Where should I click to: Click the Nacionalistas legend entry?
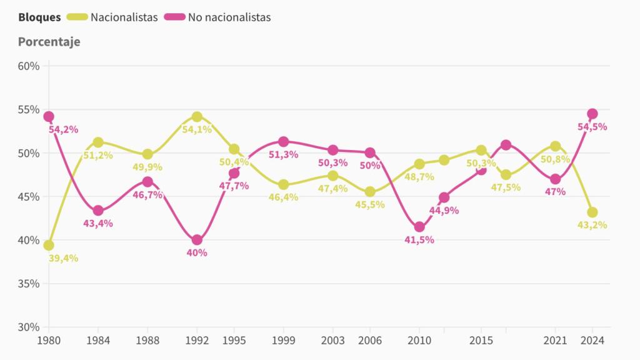coord(123,17)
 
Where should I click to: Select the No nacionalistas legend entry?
coord(229,17)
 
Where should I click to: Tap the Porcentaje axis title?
coord(49,42)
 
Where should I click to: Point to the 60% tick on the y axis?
coord(29,66)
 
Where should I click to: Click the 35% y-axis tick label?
coord(29,284)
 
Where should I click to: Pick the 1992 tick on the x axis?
coord(197,340)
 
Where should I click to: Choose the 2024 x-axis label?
coord(592,340)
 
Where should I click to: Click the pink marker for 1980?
coord(49,116)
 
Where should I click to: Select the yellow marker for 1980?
coord(49,245)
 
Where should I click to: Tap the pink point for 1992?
coord(197,240)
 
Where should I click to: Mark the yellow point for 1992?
coord(197,117)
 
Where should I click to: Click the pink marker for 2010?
coord(419,227)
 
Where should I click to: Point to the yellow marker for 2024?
coord(592,212)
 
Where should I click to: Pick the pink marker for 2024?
coord(592,114)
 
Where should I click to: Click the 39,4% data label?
coord(63,258)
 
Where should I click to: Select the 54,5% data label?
coord(591,127)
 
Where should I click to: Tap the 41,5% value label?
coord(419,240)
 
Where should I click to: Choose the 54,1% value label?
coord(197,129)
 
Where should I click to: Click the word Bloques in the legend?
coord(39,17)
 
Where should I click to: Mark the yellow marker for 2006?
coord(370,192)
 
